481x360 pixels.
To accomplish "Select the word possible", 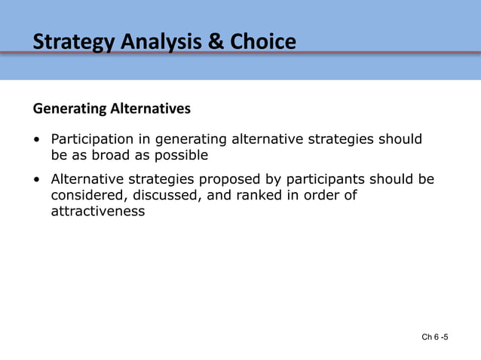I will (x=182, y=156).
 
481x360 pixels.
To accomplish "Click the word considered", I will (x=84, y=196).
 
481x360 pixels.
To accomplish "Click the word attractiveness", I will (x=97, y=212).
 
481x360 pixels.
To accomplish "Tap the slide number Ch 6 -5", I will (x=435, y=337).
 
